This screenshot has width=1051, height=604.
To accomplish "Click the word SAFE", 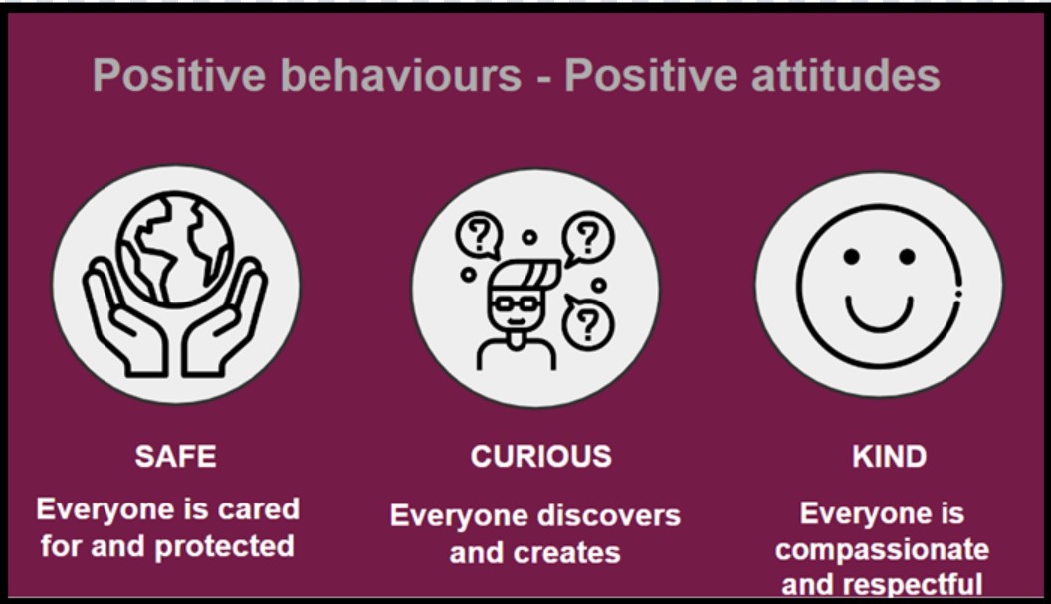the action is coord(175,457).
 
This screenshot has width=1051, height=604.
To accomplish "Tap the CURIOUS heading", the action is coord(540,457).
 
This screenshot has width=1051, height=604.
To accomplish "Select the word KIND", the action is coord(890,457).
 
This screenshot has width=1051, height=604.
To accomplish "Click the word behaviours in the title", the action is coord(405,75).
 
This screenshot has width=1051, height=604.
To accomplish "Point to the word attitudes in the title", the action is coord(846,75).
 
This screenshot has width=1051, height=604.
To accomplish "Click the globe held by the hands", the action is coord(175,249).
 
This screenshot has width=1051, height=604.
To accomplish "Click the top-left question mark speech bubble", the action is coord(480,235).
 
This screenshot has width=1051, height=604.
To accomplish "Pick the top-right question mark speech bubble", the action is coord(588,238).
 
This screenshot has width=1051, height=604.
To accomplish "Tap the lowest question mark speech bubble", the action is coord(587,323).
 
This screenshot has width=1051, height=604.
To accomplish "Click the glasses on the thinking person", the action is coord(515,303).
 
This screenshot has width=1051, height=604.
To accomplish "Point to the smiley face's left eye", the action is coord(851,256).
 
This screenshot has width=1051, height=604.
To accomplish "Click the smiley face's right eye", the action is coord(907,256).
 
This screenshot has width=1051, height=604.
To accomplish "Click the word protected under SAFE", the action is coord(224,547).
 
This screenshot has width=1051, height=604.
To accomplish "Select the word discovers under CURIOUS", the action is coord(609,516).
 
